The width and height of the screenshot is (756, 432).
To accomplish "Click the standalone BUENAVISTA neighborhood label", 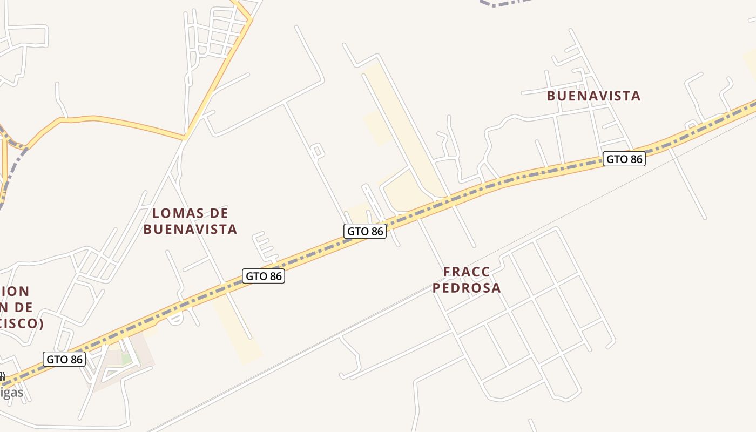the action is tap(593, 96).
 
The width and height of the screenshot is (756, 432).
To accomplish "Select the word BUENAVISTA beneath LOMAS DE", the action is tap(190, 230).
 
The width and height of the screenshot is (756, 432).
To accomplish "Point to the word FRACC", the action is tap(467, 272).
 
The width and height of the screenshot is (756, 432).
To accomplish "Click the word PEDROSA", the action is tap(467, 288).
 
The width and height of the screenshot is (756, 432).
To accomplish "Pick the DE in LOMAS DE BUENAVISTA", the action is tap(218, 213).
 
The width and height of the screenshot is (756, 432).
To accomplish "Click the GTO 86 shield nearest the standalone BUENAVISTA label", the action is tap(624, 159).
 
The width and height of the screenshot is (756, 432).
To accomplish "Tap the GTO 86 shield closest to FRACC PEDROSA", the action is tap(365, 231).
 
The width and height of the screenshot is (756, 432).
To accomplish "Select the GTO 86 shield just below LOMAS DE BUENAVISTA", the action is tap(264, 276).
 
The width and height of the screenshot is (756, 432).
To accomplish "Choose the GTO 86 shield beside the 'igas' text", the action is tap(64, 359).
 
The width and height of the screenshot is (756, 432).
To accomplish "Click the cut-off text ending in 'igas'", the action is tap(12, 392).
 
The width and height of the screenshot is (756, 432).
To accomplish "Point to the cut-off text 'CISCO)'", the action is tap(22, 324).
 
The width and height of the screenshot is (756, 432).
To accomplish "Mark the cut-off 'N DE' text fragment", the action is tap(16, 308).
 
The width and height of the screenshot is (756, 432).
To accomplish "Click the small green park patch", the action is tap(126, 359).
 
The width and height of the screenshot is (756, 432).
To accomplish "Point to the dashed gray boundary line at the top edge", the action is tap(502, 3).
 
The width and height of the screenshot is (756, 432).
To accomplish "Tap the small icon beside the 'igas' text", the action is tap(2, 376).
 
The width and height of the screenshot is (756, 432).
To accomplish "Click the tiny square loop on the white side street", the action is tap(317, 151).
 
